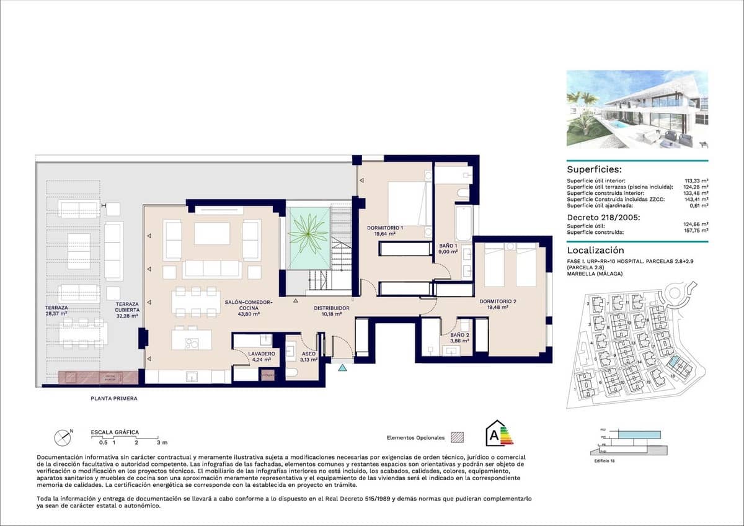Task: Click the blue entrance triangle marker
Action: coord(343,368)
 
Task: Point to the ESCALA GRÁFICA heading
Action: coord(115,432)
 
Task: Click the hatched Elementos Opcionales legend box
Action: coord(458,437)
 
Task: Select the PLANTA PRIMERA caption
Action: coord(114,399)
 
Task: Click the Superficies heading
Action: coord(595,169)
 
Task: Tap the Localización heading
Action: coord(595,251)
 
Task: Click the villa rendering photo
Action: coord(637,109)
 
